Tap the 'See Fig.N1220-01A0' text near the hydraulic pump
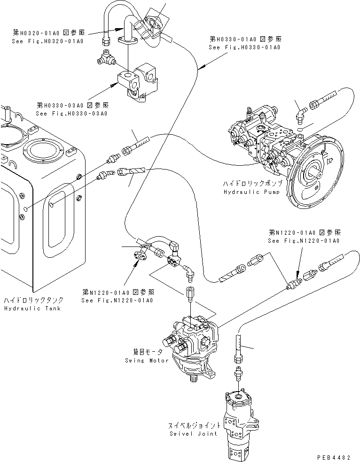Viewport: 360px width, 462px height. pos(304,240)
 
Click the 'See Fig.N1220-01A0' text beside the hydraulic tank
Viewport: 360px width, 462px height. pos(117,300)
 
